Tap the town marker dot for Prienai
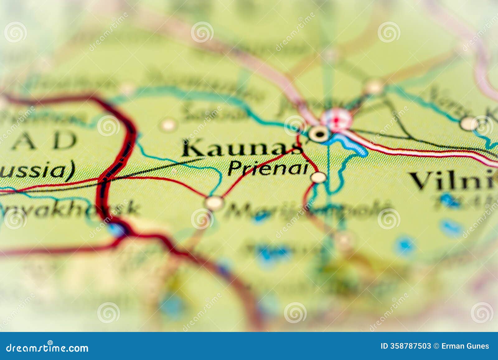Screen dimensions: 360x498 tap(318, 177)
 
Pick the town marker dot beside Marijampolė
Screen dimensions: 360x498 tap(214, 203)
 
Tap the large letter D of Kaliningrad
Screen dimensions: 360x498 tap(64, 140)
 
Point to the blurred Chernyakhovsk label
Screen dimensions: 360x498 tap(68, 208)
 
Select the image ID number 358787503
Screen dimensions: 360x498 tap(411, 346)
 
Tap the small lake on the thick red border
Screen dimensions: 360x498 tap(117, 230)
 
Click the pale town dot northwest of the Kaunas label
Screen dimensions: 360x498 tap(168, 125)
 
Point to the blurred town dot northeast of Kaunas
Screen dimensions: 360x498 tap(374, 87)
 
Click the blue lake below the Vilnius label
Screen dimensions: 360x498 tap(449, 201)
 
